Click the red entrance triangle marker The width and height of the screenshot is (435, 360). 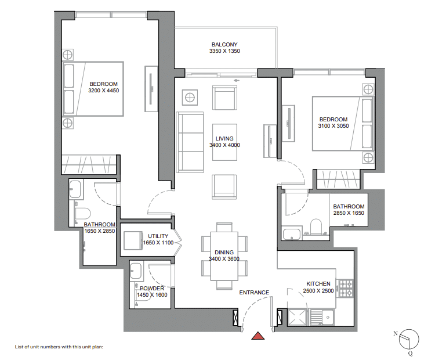click(x=258, y=336)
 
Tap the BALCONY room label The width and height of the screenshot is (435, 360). click(x=224, y=45)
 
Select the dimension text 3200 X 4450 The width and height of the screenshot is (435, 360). click(x=103, y=90)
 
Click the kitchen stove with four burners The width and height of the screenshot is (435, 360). click(x=346, y=289)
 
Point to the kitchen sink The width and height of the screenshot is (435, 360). click(x=322, y=317)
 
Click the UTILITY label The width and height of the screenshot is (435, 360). click(x=158, y=236)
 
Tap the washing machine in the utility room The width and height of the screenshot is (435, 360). click(x=133, y=240)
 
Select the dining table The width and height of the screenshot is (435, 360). click(x=224, y=256)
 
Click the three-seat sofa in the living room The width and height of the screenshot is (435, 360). click(x=190, y=142)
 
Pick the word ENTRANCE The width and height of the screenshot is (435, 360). click(x=254, y=293)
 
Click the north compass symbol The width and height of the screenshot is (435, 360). click(x=409, y=339)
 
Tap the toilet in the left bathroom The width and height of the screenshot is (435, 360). click(x=83, y=213)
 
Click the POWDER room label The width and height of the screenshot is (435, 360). click(x=152, y=289)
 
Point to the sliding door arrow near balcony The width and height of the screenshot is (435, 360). click(x=237, y=81)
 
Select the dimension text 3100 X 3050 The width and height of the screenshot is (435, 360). click(x=333, y=126)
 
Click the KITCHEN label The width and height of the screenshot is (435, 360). click(x=318, y=284)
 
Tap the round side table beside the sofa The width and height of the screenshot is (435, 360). click(x=190, y=98)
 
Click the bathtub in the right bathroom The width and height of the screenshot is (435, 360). click(x=292, y=233)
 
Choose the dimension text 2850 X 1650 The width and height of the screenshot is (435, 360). click(x=349, y=213)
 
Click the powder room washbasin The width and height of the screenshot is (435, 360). click(x=136, y=270)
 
